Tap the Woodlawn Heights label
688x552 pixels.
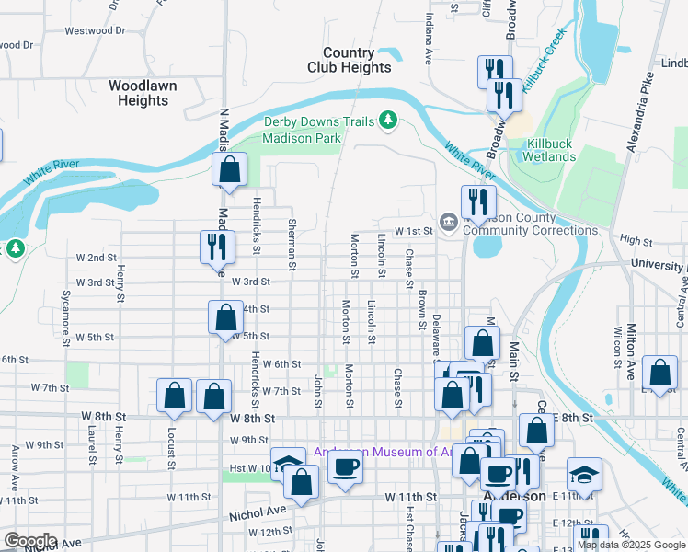(x=143, y=92)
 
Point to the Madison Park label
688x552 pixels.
(x=301, y=138)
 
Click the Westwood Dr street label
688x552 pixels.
(x=94, y=30)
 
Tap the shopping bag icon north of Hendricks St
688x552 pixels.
(x=229, y=169)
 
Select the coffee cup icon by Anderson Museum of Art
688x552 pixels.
(x=345, y=467)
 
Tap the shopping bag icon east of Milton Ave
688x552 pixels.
(x=659, y=373)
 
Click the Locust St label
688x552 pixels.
(x=171, y=446)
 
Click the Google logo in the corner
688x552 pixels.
(x=30, y=540)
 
